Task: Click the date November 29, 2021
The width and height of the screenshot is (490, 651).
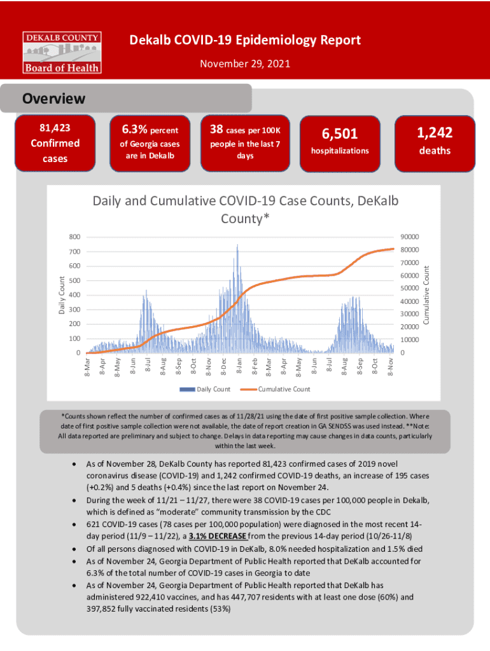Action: [245, 64]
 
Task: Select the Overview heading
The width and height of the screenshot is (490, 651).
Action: [54, 99]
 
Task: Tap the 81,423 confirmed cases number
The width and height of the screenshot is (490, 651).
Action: [55, 129]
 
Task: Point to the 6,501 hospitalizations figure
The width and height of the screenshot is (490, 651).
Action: [340, 134]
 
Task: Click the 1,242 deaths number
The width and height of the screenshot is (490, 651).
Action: [435, 132]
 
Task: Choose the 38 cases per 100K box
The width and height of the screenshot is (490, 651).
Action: [245, 143]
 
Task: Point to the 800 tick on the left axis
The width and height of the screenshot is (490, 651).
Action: [75, 237]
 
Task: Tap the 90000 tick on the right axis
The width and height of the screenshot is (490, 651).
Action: [409, 237]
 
